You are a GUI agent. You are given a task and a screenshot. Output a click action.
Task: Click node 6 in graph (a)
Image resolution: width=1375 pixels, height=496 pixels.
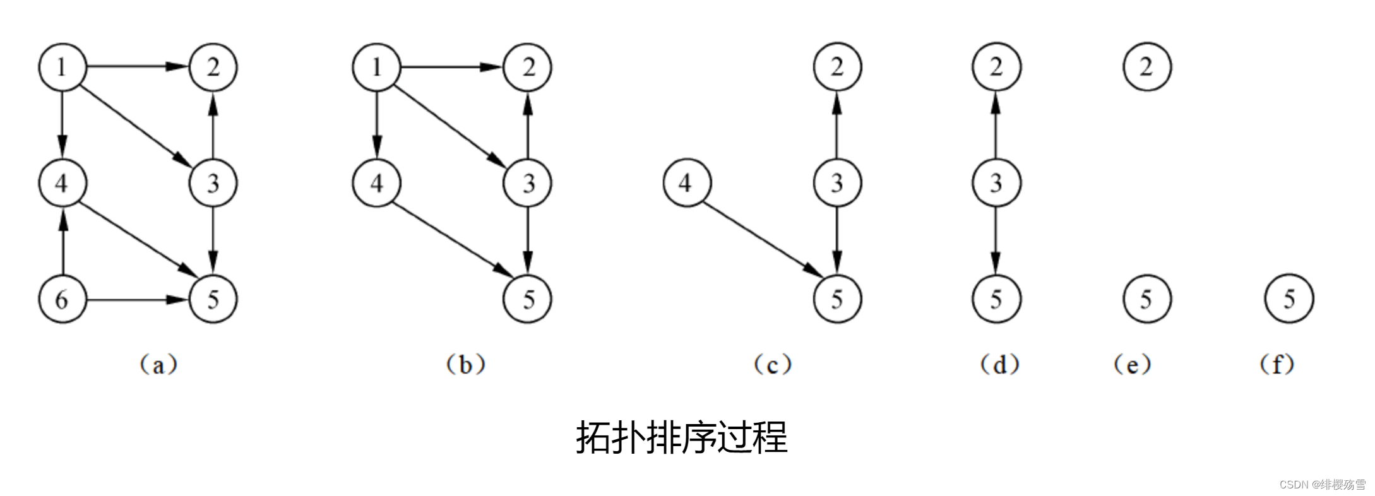[62, 299]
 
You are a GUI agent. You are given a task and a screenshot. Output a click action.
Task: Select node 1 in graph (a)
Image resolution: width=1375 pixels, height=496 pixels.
[62, 67]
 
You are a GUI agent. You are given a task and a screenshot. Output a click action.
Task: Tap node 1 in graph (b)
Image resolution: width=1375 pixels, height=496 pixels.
[377, 67]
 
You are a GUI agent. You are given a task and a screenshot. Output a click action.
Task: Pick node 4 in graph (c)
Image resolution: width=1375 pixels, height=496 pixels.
[687, 183]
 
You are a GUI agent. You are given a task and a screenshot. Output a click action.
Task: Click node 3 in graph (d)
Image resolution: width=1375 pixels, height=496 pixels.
[996, 183]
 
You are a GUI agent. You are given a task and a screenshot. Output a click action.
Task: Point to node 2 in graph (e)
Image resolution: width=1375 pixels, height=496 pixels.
[1147, 67]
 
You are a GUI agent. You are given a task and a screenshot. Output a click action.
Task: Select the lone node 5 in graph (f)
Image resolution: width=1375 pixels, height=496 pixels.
[1289, 299]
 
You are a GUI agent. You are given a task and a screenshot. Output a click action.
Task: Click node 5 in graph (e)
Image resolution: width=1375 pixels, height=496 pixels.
[1147, 299]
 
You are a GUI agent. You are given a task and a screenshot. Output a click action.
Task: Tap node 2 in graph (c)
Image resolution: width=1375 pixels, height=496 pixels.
[837, 67]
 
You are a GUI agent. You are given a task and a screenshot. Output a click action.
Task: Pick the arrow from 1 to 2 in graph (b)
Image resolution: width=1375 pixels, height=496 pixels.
[452, 67]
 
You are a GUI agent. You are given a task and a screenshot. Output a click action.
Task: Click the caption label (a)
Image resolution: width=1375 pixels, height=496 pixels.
[158, 365]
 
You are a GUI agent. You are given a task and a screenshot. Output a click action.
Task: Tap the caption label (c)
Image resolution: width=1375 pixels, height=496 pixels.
[773, 365]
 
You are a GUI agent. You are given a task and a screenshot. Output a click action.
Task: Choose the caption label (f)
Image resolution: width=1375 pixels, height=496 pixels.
[1277, 365]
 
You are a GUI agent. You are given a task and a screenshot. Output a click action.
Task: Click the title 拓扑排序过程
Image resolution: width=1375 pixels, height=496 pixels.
[682, 437]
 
